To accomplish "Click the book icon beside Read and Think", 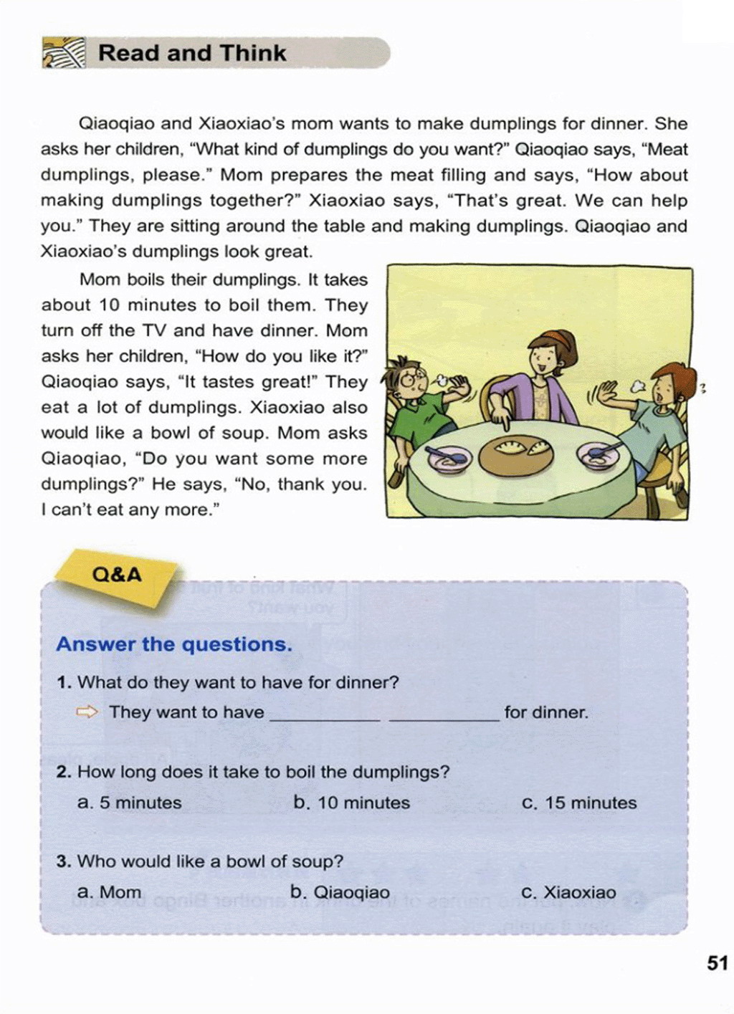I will tap(63, 54).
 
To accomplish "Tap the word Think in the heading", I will tap(253, 54).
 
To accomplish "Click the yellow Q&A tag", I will tap(117, 575).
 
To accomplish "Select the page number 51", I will tap(717, 962).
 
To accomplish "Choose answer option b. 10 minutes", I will tap(351, 803).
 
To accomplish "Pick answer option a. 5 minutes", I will tap(129, 803).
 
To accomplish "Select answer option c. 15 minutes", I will tap(579, 803).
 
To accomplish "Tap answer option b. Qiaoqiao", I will tap(340, 892).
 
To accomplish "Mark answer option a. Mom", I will tap(109, 892).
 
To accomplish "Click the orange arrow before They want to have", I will tap(87, 712).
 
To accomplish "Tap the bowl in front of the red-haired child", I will tap(599, 454).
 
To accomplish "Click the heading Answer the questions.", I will tap(174, 644).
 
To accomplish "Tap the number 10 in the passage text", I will tap(109, 305).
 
